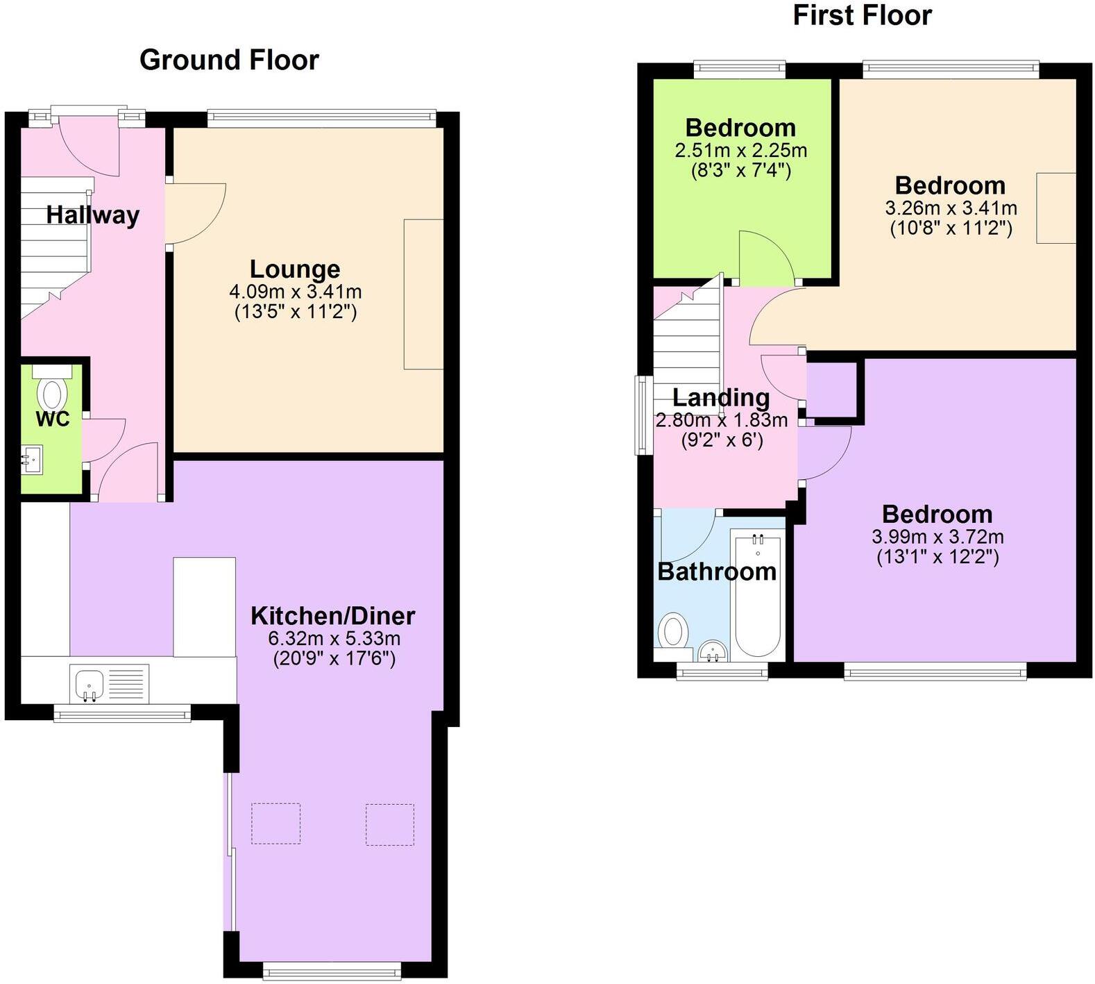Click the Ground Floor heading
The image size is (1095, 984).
(x=229, y=60)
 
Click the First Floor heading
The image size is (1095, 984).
(x=862, y=15)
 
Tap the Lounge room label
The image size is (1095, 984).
(x=295, y=269)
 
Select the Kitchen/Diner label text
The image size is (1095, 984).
(x=332, y=616)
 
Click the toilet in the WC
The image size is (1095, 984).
(x=52, y=392)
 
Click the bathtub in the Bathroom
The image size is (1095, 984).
(x=757, y=597)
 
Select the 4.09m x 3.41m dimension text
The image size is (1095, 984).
(x=295, y=292)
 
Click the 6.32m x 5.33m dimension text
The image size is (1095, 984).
(x=334, y=638)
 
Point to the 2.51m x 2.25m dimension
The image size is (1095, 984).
(x=740, y=150)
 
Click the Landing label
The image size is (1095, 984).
(x=721, y=397)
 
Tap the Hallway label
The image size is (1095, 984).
(x=93, y=215)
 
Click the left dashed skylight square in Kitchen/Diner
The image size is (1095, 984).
(x=275, y=824)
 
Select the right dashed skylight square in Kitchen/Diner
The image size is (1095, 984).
(x=390, y=824)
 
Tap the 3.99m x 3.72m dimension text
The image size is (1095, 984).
(x=937, y=537)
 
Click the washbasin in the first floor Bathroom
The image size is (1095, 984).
(x=712, y=651)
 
